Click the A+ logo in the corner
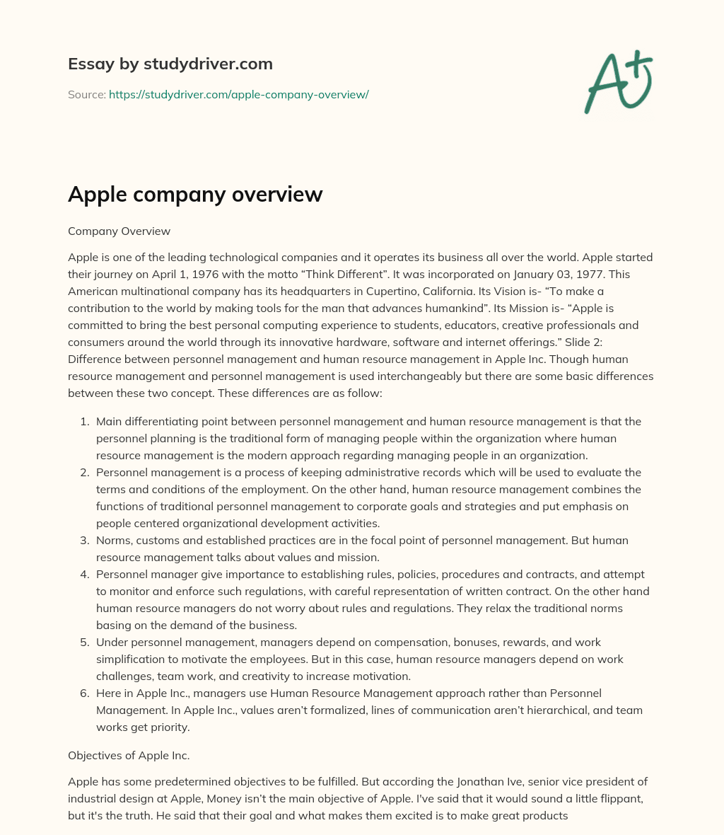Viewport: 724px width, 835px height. tap(618, 82)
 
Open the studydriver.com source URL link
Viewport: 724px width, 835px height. tap(238, 94)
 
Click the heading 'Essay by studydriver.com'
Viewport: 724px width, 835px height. tap(170, 64)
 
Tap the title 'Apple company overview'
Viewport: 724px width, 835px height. tap(195, 194)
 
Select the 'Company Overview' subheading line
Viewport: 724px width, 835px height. tap(119, 231)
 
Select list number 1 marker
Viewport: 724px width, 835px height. tap(85, 421)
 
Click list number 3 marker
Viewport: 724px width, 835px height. tap(85, 540)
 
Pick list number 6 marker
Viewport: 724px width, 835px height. tap(85, 693)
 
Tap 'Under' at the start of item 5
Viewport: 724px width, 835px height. tap(112, 642)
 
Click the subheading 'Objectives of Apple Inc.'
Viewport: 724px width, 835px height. tap(129, 755)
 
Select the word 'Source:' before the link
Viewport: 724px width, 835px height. tap(86, 94)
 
